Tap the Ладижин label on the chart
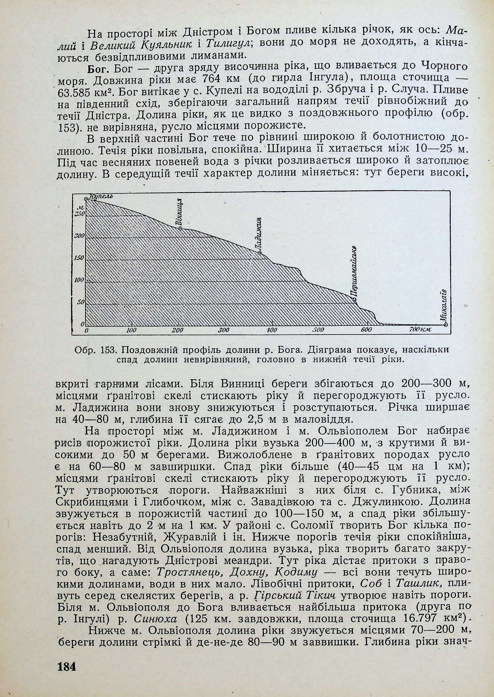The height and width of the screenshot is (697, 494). [259, 234]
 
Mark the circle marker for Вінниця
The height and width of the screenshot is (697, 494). [180, 229]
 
